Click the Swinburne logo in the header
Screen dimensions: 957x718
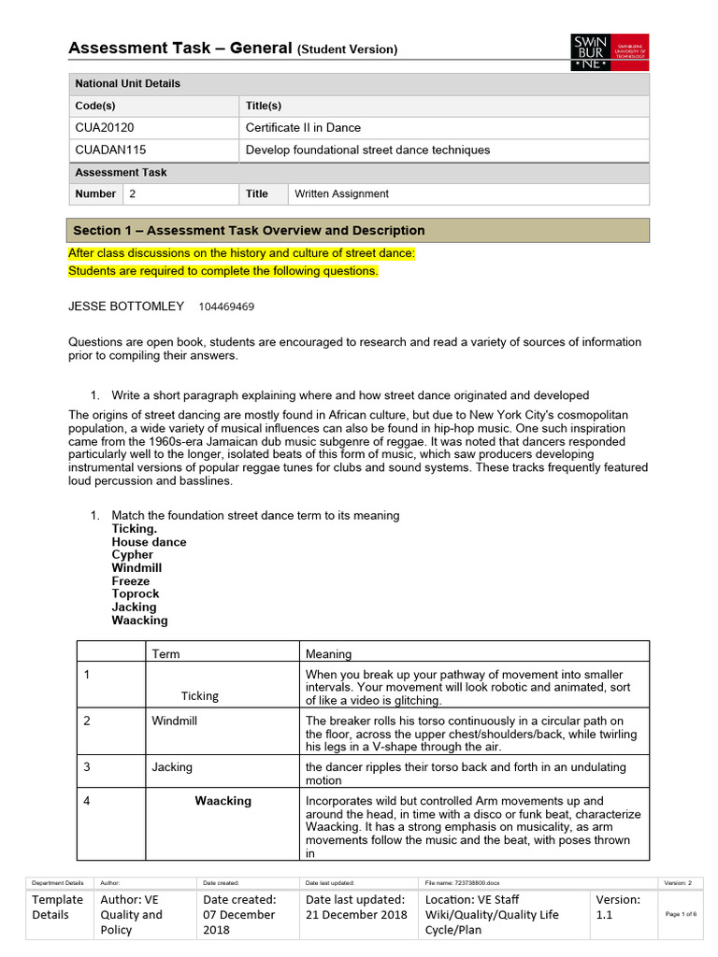610,52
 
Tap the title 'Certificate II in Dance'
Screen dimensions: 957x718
303,128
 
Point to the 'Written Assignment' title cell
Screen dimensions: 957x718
341,194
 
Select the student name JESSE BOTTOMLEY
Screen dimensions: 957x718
126,307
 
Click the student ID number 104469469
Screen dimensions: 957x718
226,307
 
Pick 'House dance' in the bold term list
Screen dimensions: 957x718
149,542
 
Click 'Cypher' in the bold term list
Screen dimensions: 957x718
132,555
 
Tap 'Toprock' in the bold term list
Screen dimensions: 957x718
136,594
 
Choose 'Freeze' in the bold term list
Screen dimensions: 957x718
131,581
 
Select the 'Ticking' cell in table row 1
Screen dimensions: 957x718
200,696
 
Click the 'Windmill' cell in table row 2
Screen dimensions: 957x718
174,721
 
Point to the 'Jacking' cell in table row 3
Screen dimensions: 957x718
172,767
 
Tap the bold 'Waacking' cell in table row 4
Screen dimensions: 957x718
223,801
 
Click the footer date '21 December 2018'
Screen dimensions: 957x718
356,914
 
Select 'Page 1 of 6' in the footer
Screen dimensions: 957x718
680,914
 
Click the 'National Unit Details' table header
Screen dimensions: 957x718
127,83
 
